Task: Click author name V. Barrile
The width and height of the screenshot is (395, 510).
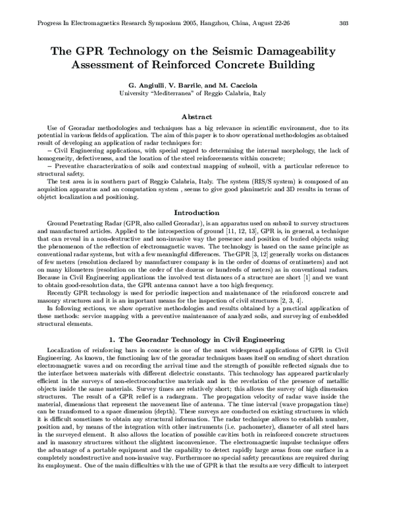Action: pyautogui.click(x=188, y=85)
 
